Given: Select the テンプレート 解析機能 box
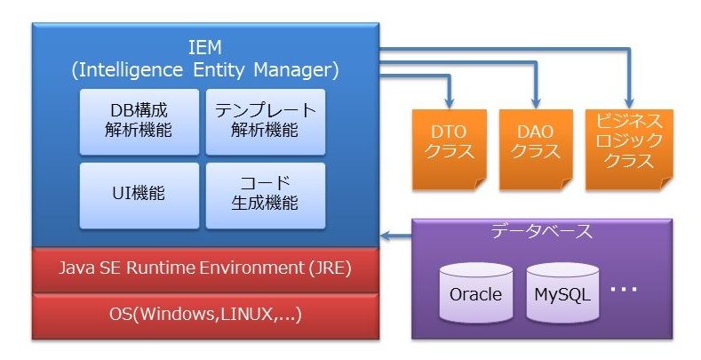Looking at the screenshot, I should pyautogui.click(x=266, y=122).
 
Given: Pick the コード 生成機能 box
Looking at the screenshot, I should pyautogui.click(x=266, y=193).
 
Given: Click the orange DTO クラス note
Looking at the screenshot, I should pyautogui.click(x=450, y=148).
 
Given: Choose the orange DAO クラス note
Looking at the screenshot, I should pyautogui.click(x=537, y=148).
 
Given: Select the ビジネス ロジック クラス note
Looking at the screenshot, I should pyautogui.click(x=629, y=148).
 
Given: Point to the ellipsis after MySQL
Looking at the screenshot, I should pyautogui.click(x=624, y=290).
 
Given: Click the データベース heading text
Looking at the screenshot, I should pyautogui.click(x=542, y=232).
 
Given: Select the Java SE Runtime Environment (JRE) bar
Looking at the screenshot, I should pyautogui.click(x=204, y=267).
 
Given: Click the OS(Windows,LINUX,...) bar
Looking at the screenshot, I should pyautogui.click(x=204, y=314).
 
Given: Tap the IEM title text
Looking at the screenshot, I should pyautogui.click(x=204, y=47).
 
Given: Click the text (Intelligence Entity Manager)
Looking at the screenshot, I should pyautogui.click(x=204, y=68).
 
